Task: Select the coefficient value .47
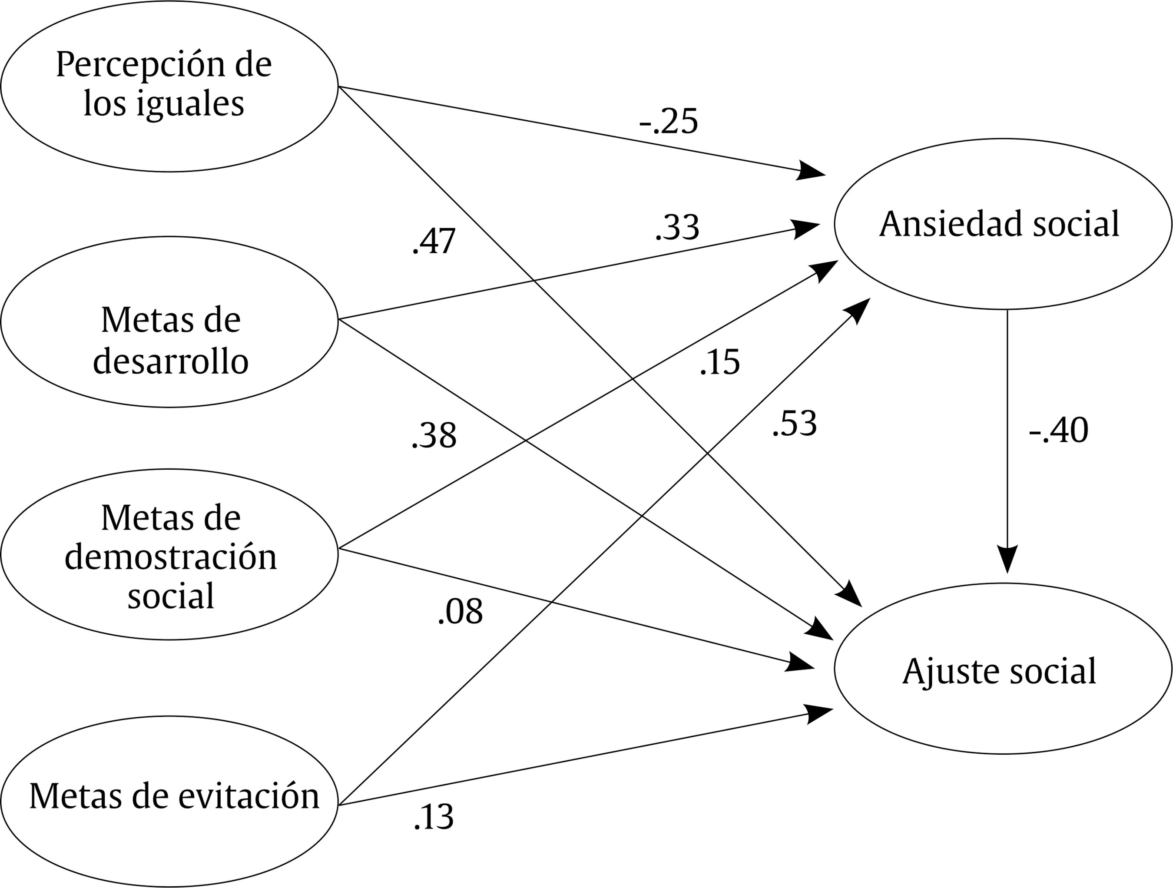coord(434,241)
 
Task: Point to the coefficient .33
coord(677,228)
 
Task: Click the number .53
coord(794,424)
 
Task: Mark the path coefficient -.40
coord(1058,430)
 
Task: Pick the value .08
coord(460,611)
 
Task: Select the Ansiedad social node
coord(1002,224)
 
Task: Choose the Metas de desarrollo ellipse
coord(169,322)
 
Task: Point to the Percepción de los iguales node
coord(169,86)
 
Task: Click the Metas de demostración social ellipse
coord(169,554)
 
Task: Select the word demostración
coord(171,557)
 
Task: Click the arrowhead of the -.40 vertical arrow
coord(1007,561)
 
